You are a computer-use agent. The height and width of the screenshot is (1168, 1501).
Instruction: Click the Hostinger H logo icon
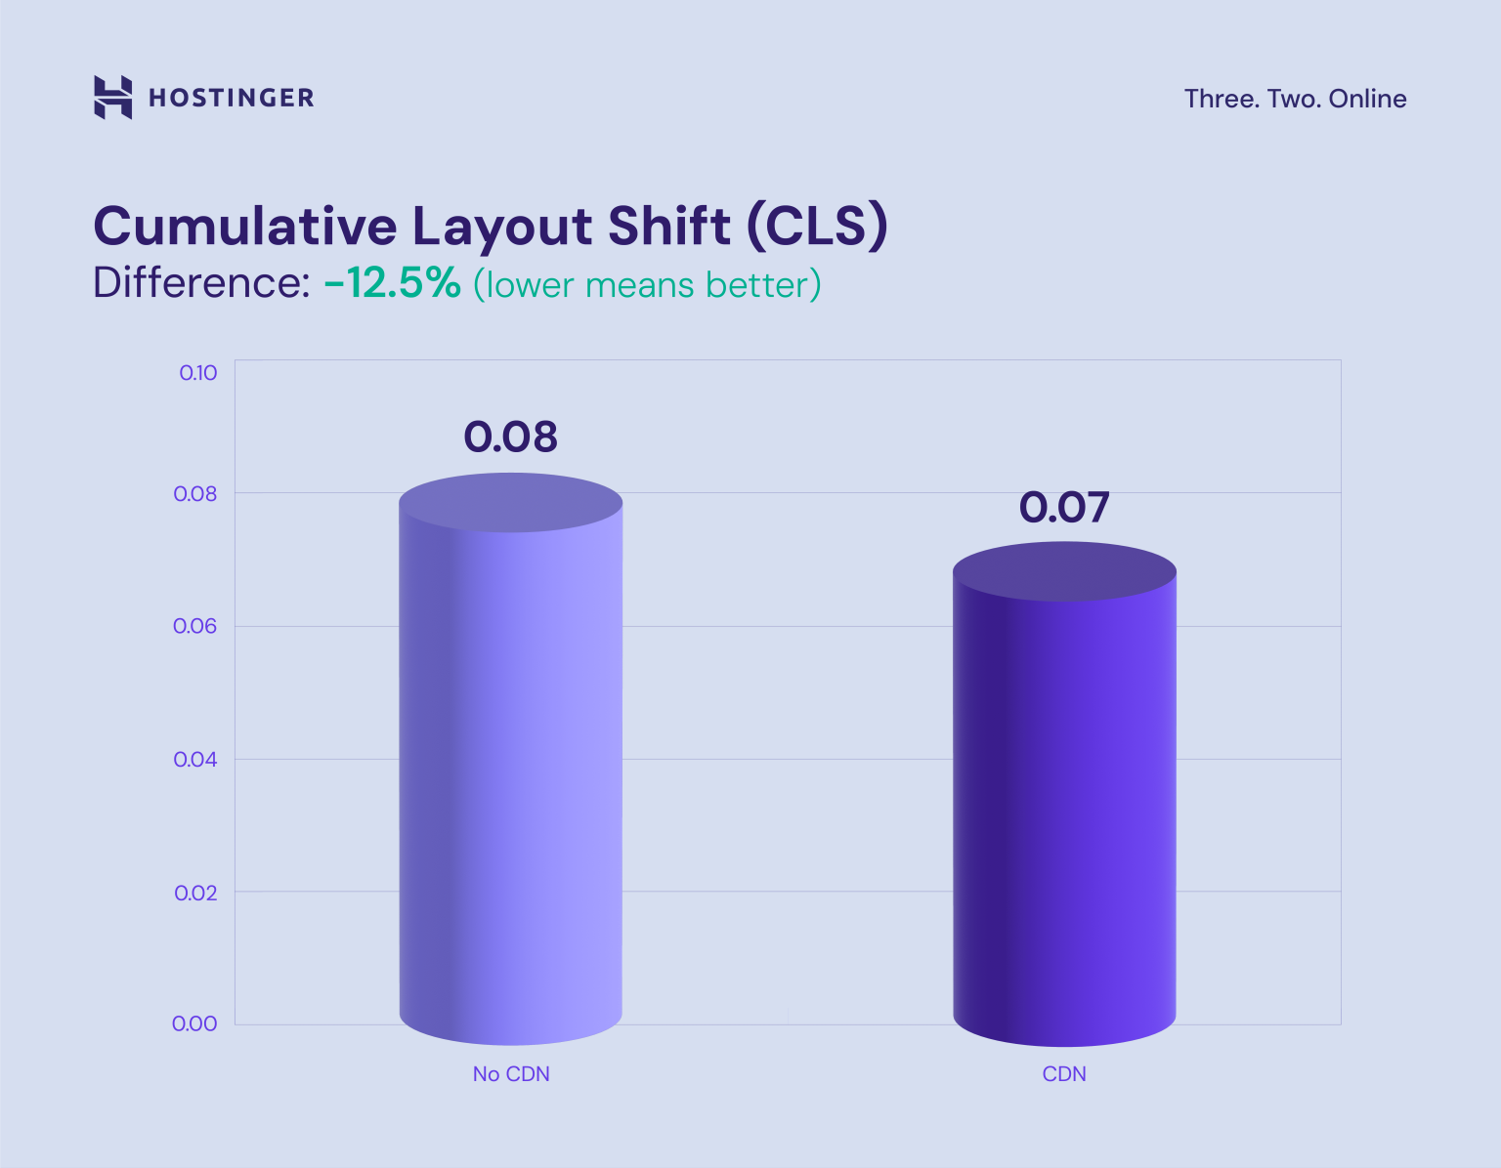click(112, 98)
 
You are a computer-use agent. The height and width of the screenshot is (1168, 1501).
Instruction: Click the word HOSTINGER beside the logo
click(232, 98)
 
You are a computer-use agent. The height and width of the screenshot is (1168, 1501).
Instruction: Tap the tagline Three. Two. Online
click(1295, 99)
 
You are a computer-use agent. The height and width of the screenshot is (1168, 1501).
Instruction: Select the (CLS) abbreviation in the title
click(817, 227)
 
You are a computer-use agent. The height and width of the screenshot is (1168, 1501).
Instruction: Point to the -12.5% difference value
click(392, 284)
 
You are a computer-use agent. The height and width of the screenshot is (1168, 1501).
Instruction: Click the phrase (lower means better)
click(647, 285)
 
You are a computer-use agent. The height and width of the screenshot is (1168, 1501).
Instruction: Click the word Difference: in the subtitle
click(201, 284)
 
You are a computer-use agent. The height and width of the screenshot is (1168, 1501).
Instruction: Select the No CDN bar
click(511, 762)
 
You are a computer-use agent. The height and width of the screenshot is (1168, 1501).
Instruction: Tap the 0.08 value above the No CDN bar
click(510, 437)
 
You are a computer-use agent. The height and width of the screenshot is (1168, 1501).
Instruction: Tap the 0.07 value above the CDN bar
click(1064, 508)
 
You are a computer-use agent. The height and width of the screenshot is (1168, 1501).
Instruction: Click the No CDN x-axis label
click(511, 1074)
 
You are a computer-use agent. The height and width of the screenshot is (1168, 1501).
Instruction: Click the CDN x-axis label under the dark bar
click(1064, 1074)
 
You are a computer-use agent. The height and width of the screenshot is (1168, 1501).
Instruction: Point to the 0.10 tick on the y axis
click(198, 373)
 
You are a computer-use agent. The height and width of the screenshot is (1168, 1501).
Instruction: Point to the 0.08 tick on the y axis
click(195, 494)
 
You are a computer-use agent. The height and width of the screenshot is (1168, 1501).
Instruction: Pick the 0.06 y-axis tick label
click(195, 626)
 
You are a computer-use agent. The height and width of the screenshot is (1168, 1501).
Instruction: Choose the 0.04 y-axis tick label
click(195, 760)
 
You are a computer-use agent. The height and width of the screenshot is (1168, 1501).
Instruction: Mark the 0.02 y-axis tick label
click(195, 893)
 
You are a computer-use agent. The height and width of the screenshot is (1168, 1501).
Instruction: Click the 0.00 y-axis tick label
click(194, 1023)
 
